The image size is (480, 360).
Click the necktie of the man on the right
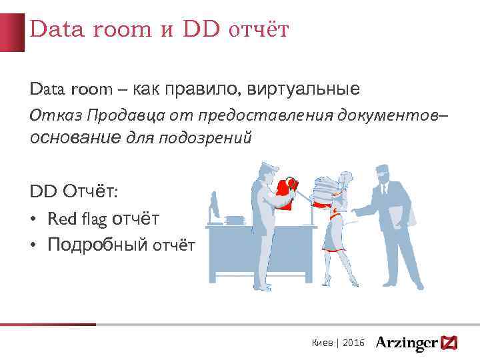point(384,191)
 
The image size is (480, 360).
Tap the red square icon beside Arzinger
point(450,343)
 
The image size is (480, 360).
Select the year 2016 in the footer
point(353,343)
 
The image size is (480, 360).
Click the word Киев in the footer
point(323,343)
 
